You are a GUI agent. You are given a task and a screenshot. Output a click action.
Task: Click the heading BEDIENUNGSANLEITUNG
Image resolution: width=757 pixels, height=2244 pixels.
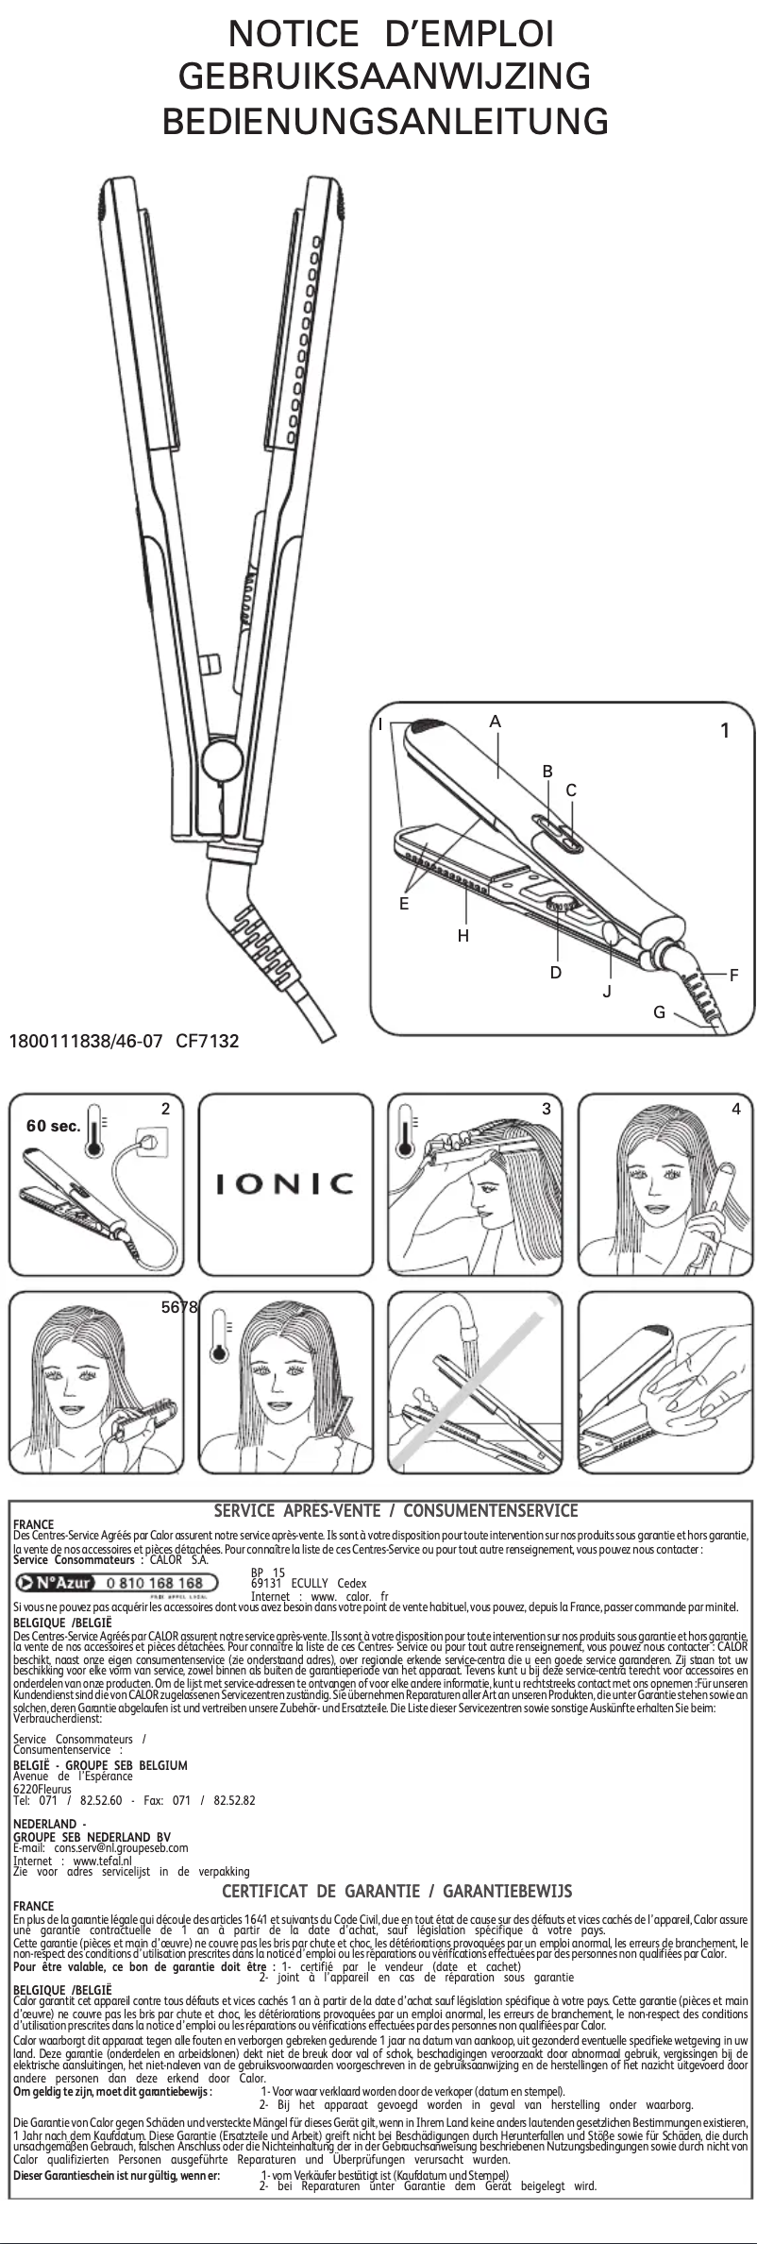click(385, 123)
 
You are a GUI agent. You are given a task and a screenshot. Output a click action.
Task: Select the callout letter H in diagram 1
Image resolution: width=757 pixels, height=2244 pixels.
click(463, 936)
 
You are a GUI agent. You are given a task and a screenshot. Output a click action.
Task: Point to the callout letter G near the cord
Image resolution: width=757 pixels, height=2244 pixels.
click(659, 1012)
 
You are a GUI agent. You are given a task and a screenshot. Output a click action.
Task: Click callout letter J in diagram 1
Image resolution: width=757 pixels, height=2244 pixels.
click(607, 992)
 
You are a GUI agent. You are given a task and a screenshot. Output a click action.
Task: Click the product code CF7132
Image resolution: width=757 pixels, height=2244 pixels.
click(207, 1042)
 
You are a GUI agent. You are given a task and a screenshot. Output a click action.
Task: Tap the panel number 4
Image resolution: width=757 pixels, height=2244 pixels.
click(736, 1110)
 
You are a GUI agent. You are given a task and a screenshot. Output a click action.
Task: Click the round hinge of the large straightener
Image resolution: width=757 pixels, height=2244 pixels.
click(219, 757)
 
